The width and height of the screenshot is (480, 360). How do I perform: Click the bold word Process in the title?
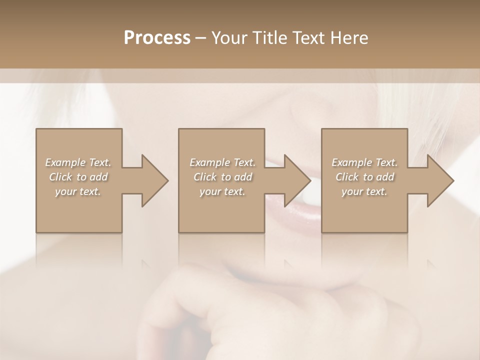coord(157,38)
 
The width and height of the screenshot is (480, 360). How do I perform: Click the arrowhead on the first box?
coord(152,180)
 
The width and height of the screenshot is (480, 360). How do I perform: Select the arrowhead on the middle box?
coord(295,180)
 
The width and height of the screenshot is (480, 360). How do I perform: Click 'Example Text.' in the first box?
coord(78,162)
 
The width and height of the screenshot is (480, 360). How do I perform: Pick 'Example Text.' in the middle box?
coord(222,162)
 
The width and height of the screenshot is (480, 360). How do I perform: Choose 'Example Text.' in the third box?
coord(364,162)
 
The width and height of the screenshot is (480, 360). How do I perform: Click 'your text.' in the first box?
coord(78,191)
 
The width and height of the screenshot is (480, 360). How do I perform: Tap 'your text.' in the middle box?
coord(222,191)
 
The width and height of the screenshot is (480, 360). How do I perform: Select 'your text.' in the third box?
coord(364,191)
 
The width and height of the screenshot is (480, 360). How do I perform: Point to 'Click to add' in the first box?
coord(78,177)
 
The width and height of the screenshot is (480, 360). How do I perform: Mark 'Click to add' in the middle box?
coord(222,177)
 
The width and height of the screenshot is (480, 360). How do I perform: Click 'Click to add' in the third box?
coord(364,177)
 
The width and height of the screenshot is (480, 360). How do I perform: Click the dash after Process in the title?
coord(200,38)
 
